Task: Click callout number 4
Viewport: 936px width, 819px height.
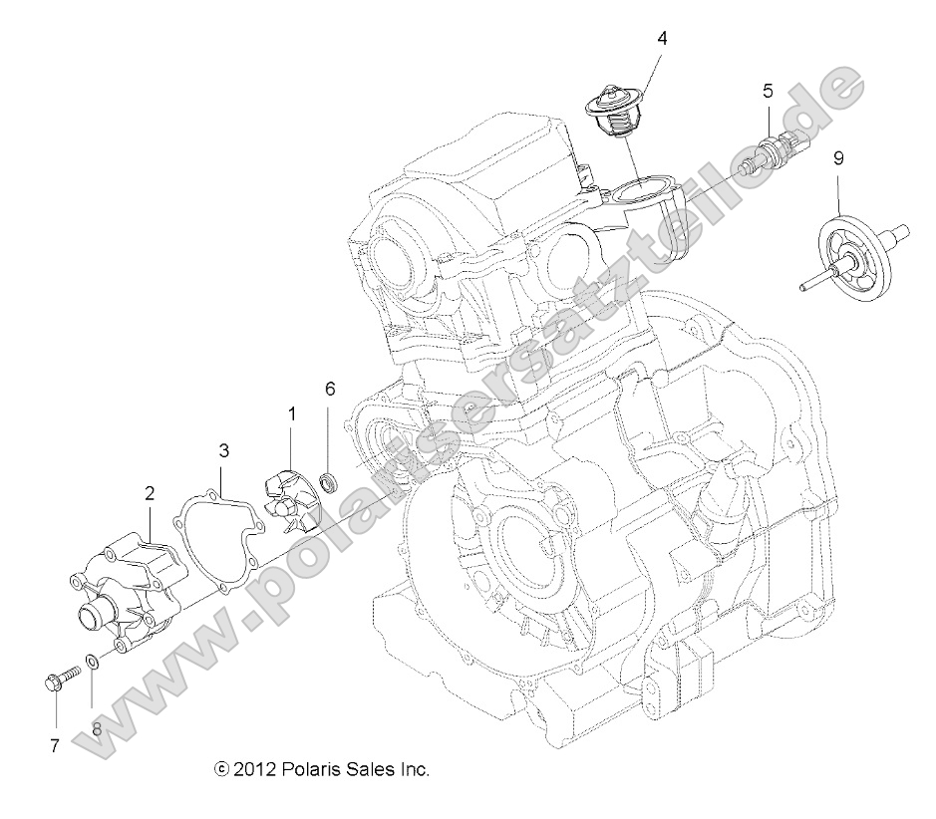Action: (x=662, y=39)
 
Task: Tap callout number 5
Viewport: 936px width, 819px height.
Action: (x=768, y=92)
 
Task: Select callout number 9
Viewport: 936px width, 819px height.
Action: (x=838, y=157)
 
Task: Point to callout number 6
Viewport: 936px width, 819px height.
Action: (x=330, y=389)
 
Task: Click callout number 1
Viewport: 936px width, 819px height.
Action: (x=292, y=412)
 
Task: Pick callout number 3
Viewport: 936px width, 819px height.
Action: (x=224, y=450)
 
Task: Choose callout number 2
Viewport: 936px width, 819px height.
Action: (x=150, y=492)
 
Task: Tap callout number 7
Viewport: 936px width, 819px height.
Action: (x=55, y=744)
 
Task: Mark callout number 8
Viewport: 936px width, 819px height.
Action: (x=97, y=728)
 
